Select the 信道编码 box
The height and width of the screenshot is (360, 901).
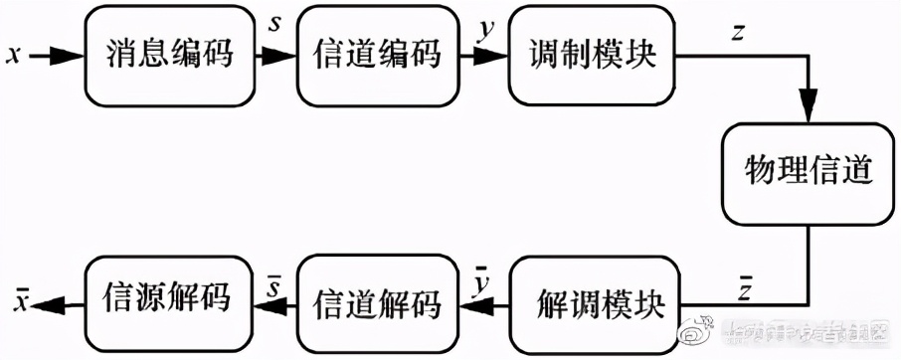coord(377,56)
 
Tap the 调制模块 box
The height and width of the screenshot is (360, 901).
coord(592,56)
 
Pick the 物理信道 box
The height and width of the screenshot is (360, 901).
coord(808,172)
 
